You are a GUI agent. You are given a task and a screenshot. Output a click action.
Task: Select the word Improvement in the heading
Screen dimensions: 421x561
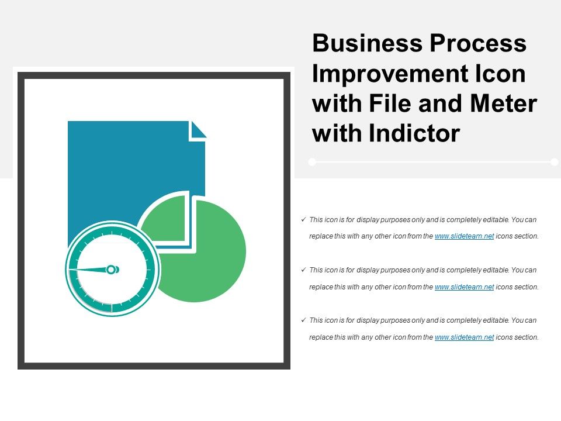(x=386, y=75)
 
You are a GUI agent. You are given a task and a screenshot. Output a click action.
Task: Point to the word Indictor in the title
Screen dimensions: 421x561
(x=415, y=134)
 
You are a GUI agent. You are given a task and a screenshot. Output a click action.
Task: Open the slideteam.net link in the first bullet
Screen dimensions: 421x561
(x=465, y=237)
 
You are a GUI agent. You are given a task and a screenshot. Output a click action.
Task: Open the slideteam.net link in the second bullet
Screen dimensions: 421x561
(x=465, y=287)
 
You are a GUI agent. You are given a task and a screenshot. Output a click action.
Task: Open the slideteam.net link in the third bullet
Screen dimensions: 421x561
(x=465, y=337)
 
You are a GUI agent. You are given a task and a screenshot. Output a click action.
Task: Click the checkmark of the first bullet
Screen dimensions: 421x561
(x=303, y=220)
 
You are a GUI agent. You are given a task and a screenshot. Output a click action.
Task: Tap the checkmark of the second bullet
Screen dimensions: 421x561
(x=303, y=270)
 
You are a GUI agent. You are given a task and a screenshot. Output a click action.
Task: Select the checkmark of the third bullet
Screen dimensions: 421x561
(x=303, y=320)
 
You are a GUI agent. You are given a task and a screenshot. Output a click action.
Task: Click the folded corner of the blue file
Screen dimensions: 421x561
(x=198, y=130)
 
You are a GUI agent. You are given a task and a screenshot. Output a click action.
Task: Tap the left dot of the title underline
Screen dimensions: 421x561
(x=312, y=162)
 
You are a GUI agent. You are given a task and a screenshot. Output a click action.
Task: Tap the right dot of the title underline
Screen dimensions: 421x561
(x=554, y=162)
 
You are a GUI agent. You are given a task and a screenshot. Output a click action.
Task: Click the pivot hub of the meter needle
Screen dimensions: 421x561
(x=112, y=270)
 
